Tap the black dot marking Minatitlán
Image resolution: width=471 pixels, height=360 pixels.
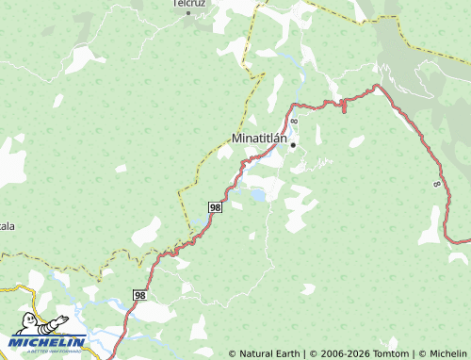click(293, 146)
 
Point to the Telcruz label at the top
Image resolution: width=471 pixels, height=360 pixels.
click(188, 3)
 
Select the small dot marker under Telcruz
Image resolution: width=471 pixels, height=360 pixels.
click(188, 13)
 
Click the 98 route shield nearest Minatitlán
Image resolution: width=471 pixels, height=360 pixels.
click(216, 206)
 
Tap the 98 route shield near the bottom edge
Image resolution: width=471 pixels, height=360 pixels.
click(139, 295)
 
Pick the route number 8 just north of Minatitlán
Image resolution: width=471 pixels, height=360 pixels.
click(294, 123)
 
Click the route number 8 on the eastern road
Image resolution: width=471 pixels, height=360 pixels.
click(437, 184)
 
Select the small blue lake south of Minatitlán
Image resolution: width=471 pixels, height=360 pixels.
click(255, 196)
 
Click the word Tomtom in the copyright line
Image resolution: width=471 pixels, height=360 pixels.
click(394, 353)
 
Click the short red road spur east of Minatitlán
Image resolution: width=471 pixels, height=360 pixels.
click(343, 106)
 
